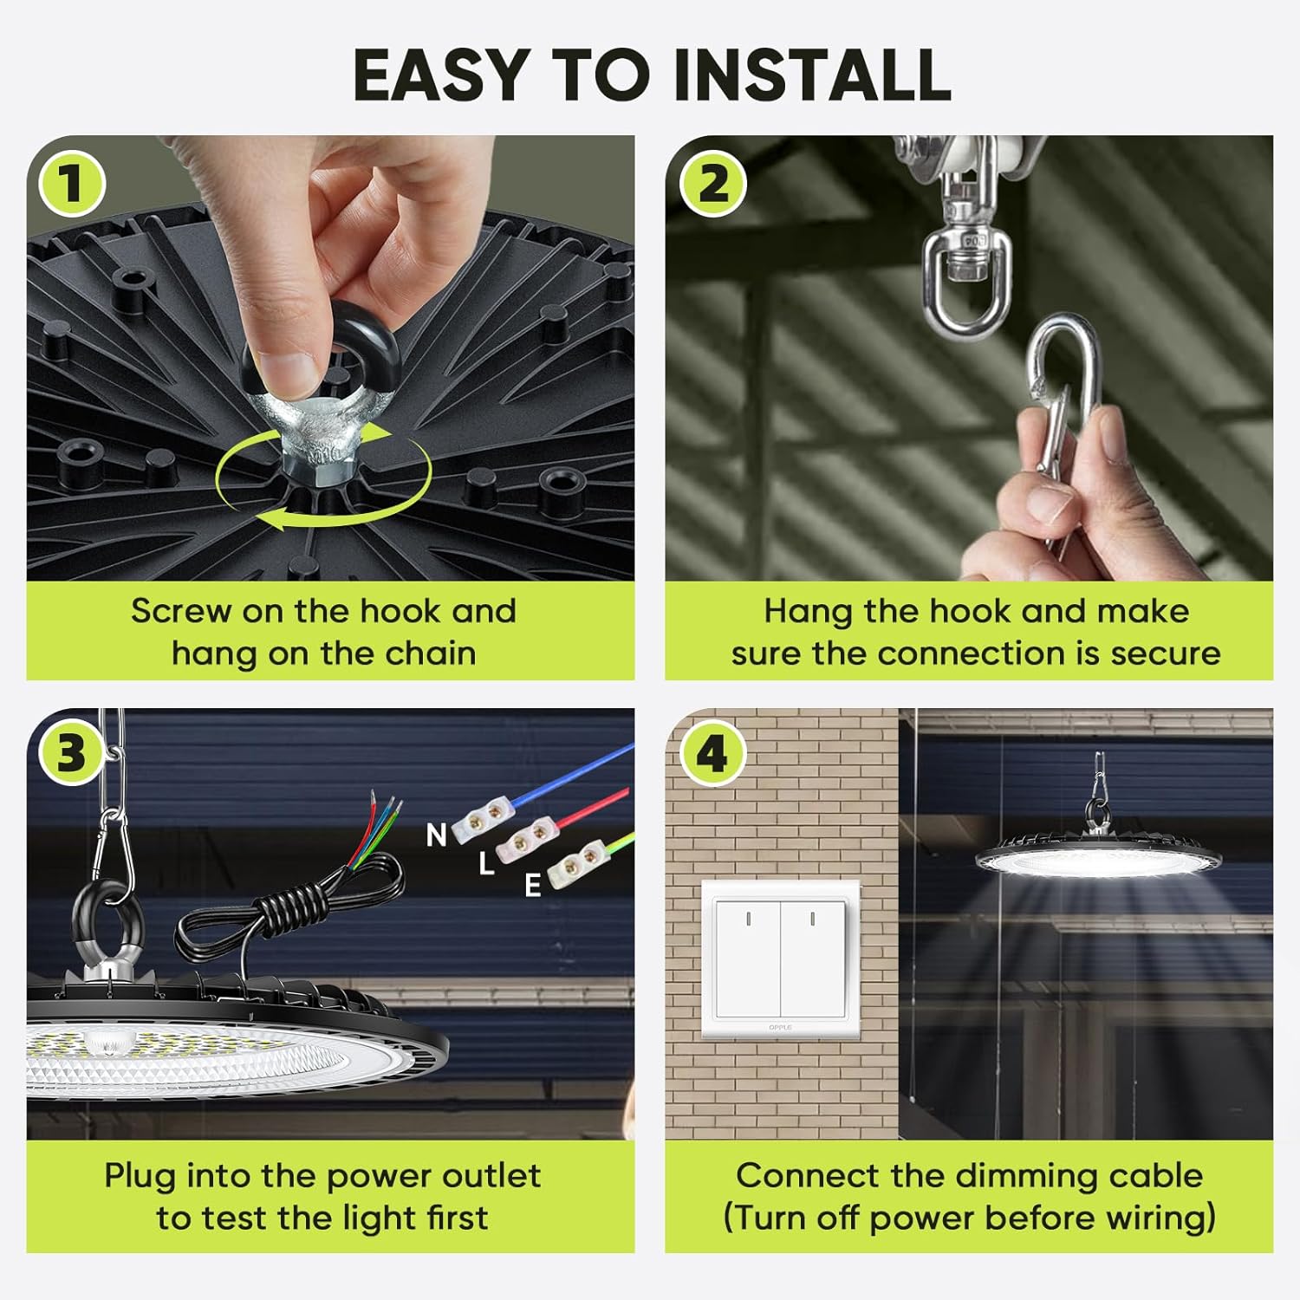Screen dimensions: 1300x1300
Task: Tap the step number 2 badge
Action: click(712, 184)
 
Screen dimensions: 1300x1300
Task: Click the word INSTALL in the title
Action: click(812, 75)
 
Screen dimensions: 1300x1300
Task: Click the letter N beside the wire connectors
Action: click(436, 835)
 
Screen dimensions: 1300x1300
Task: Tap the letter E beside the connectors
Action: click(533, 885)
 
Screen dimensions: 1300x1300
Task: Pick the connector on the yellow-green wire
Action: click(574, 861)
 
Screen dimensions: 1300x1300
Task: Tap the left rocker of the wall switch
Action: click(747, 957)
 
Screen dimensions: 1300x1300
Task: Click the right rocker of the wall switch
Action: click(812, 957)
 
